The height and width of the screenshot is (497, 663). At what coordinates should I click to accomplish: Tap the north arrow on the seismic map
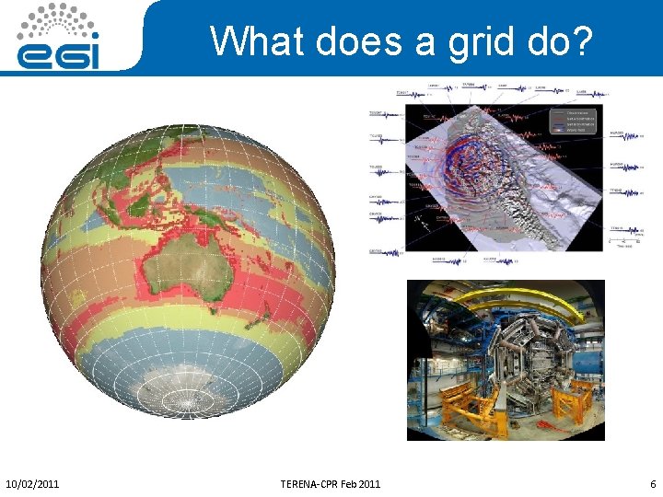pos(420,220)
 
